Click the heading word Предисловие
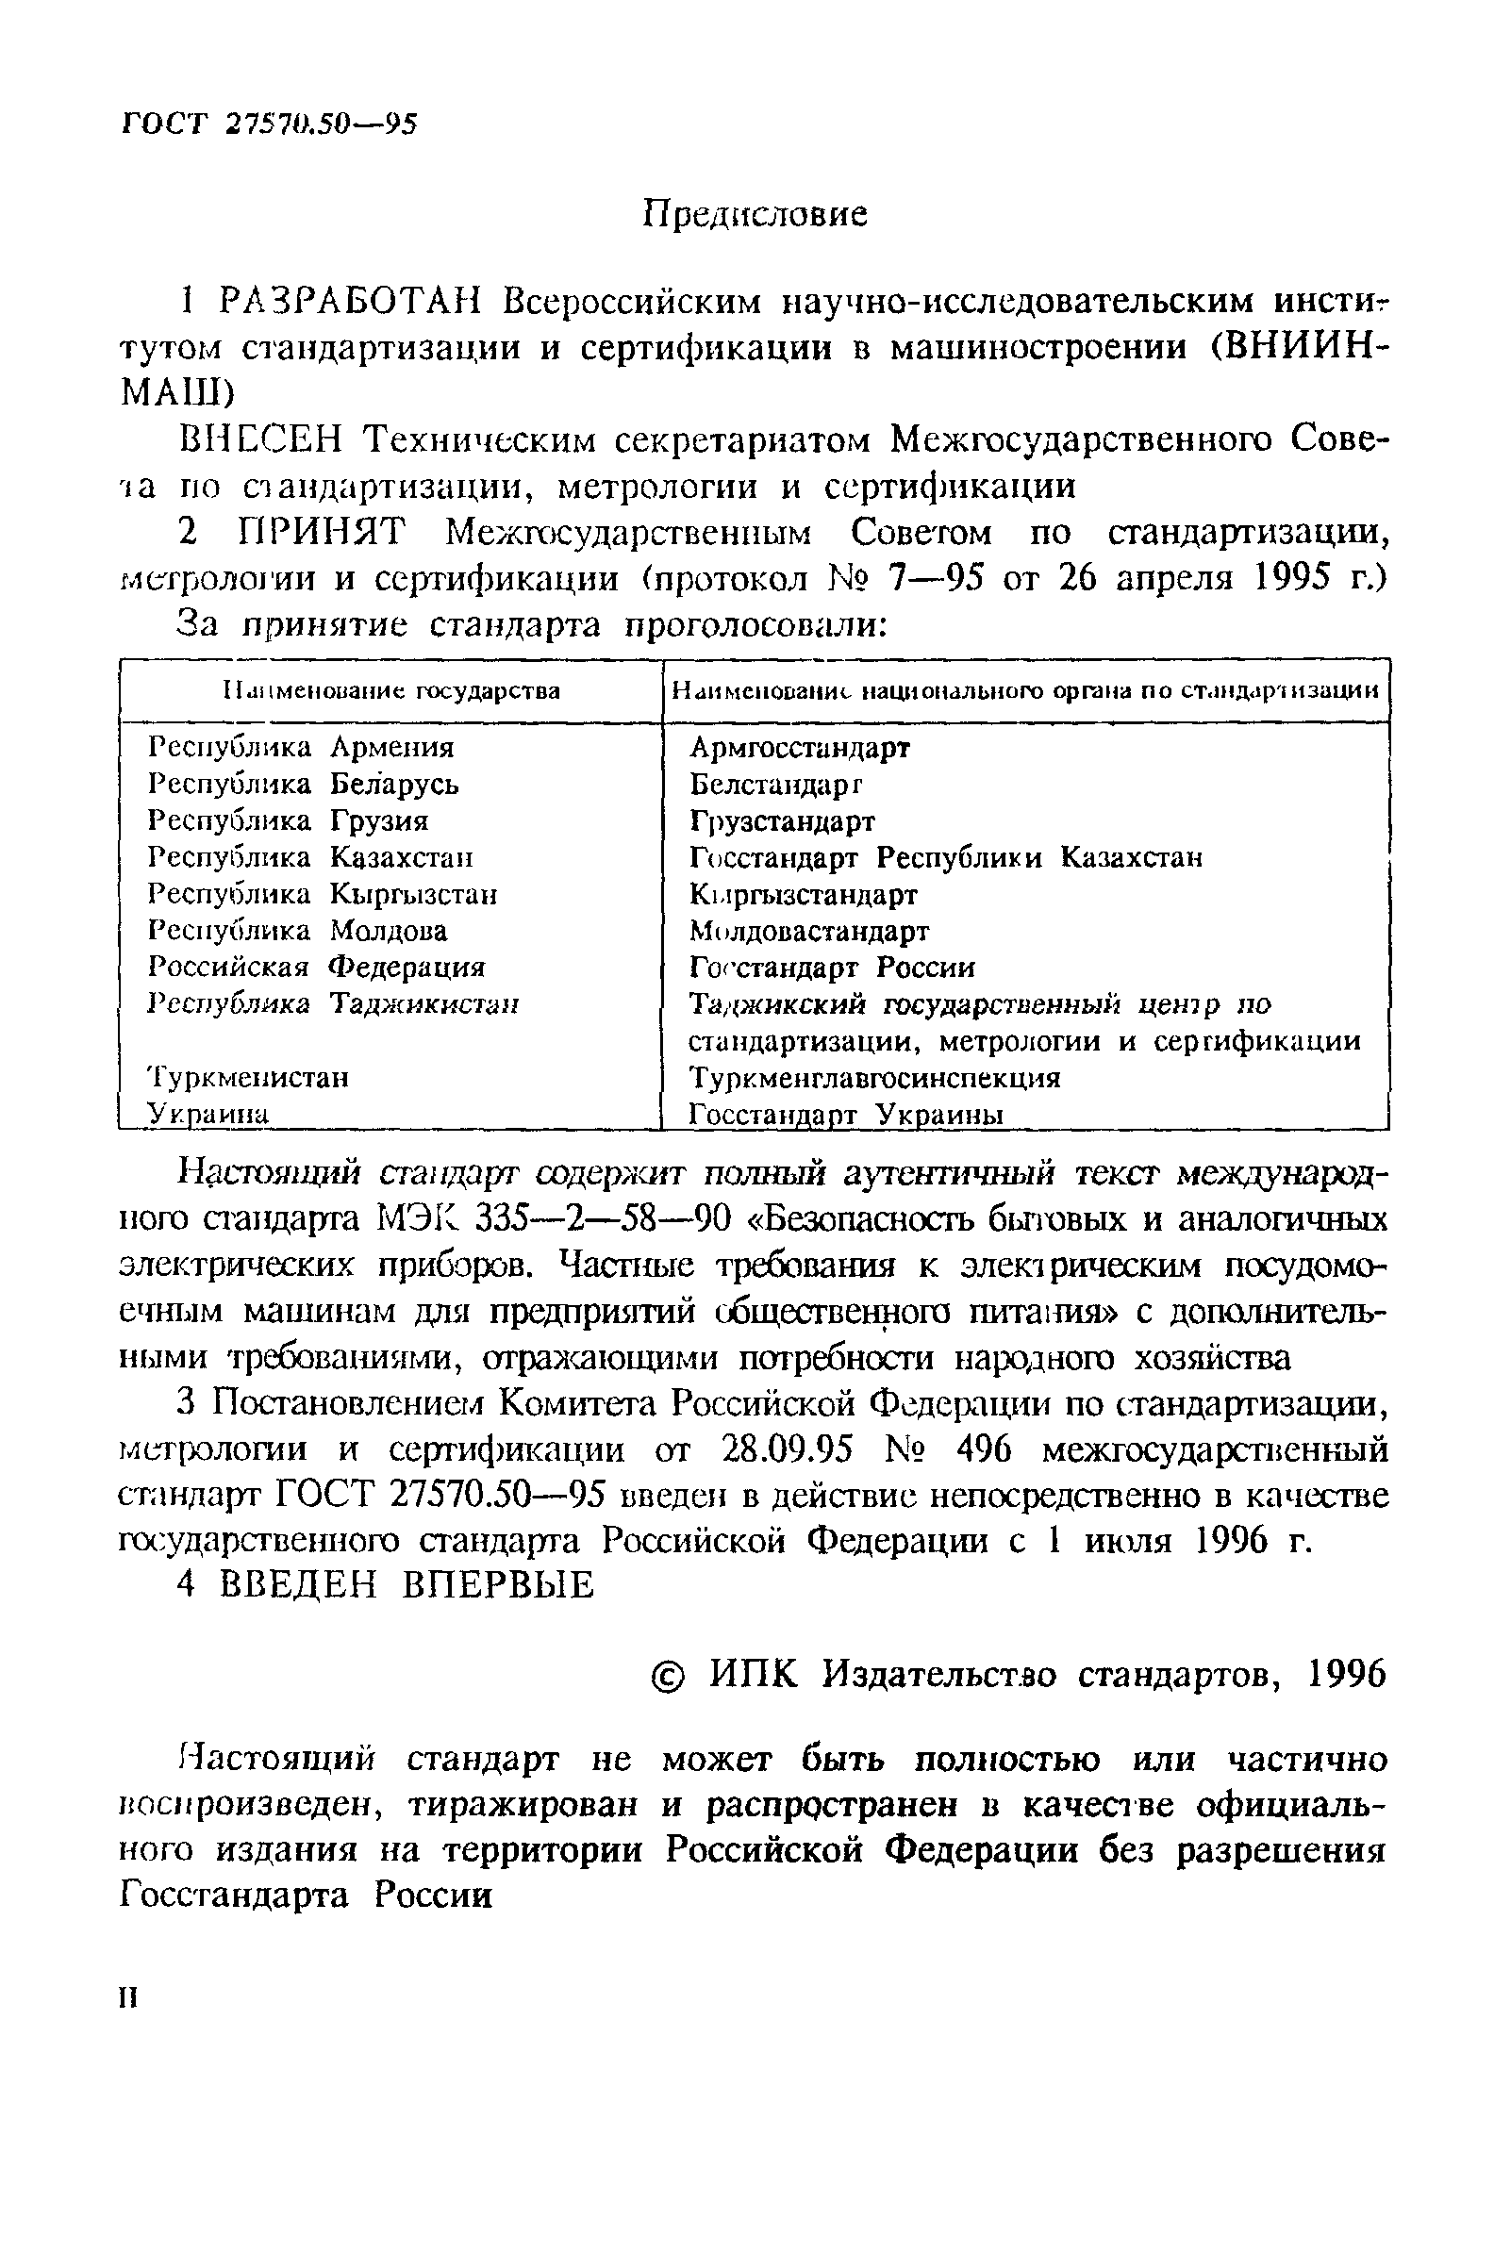click(x=755, y=214)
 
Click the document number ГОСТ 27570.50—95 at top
click(x=270, y=124)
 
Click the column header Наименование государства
click(x=390, y=690)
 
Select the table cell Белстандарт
click(x=775, y=784)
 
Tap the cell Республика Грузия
click(x=288, y=820)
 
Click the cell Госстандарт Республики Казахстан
click(x=945, y=857)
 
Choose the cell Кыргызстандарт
click(x=804, y=895)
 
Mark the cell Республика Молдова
click(x=297, y=931)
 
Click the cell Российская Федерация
click(x=316, y=968)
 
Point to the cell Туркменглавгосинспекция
click(x=873, y=1078)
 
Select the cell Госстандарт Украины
click(x=846, y=1114)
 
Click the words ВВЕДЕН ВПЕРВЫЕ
click(x=386, y=1584)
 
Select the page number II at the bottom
click(x=128, y=1998)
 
